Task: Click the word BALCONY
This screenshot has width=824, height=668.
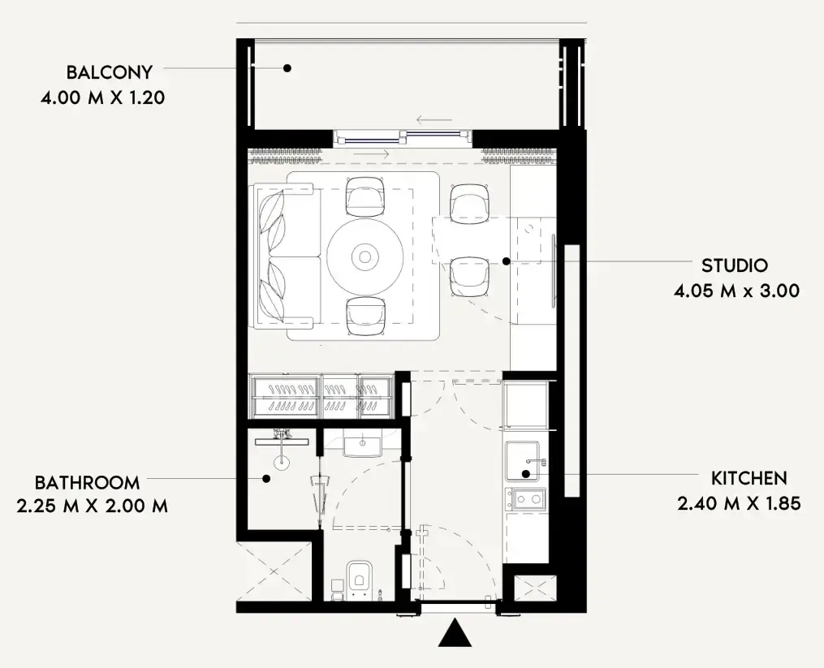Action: (x=110, y=72)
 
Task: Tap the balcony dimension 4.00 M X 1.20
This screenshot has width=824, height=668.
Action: (x=103, y=97)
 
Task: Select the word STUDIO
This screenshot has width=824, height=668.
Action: (x=735, y=265)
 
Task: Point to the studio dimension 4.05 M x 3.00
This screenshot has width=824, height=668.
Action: (x=737, y=291)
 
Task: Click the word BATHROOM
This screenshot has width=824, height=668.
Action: (x=87, y=482)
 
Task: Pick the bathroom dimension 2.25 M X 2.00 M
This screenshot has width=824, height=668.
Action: (x=93, y=506)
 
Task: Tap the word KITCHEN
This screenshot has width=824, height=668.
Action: (x=749, y=478)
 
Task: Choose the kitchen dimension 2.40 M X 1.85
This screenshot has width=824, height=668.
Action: (x=739, y=503)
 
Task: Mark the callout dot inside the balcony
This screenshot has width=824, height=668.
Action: (x=287, y=68)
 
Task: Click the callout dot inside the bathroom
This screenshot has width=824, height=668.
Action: (x=266, y=478)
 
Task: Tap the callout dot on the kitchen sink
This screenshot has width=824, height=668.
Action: (x=525, y=473)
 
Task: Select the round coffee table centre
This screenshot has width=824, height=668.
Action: (x=365, y=257)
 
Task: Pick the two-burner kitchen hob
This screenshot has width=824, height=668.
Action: (x=525, y=498)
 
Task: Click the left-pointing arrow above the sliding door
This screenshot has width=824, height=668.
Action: (x=434, y=120)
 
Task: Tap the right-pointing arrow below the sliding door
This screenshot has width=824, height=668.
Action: (x=372, y=154)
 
